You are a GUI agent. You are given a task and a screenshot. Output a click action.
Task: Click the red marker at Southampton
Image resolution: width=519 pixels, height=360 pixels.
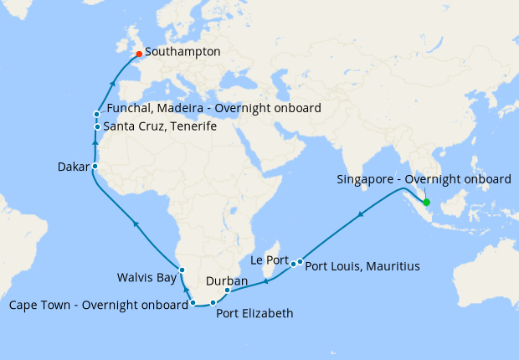139,54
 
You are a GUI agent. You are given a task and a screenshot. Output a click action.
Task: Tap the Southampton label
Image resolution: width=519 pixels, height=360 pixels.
186,52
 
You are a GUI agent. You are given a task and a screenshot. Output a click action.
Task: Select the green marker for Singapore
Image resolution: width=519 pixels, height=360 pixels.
426,203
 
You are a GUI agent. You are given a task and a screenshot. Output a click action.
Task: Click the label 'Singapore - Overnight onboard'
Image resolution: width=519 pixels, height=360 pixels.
424,180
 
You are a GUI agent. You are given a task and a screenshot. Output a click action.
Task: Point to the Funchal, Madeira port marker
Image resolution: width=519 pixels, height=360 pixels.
97,114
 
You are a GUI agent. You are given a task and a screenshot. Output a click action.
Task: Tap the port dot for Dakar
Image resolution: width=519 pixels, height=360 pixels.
95,167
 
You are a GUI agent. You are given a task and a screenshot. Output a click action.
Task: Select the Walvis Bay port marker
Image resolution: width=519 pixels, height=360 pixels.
182,270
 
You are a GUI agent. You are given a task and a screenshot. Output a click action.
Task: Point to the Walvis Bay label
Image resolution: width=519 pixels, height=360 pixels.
148,276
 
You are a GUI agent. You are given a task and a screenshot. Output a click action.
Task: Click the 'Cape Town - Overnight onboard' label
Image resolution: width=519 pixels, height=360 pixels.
98,305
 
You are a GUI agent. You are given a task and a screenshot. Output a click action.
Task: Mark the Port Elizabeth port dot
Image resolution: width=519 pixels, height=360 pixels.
213,303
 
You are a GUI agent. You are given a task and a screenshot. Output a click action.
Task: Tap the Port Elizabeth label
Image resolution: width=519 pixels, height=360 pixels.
254,315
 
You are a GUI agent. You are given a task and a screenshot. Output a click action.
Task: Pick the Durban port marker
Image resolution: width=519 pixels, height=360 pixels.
228,291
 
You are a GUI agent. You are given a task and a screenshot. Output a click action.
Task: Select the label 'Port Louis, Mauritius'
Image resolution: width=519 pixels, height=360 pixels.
362,267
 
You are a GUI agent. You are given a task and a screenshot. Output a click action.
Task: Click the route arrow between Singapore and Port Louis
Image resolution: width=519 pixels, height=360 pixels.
361,216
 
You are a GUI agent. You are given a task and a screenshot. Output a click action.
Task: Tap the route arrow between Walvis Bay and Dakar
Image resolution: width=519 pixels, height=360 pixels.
136,223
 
